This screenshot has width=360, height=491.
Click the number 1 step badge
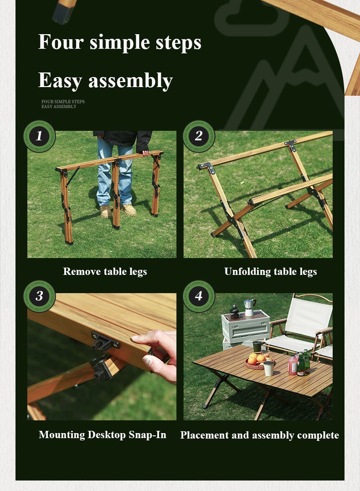point(39,136)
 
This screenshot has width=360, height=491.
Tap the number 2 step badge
point(199,136)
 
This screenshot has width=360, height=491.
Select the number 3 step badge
point(39,296)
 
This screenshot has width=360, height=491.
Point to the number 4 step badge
point(199,296)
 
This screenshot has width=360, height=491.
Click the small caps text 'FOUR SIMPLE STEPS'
point(63,102)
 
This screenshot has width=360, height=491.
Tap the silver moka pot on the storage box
point(249,307)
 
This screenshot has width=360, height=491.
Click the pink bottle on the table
point(293,365)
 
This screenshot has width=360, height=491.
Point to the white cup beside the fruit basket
point(268,368)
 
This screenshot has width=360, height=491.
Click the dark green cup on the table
point(257,346)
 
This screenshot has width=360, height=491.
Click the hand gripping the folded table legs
point(145,153)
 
